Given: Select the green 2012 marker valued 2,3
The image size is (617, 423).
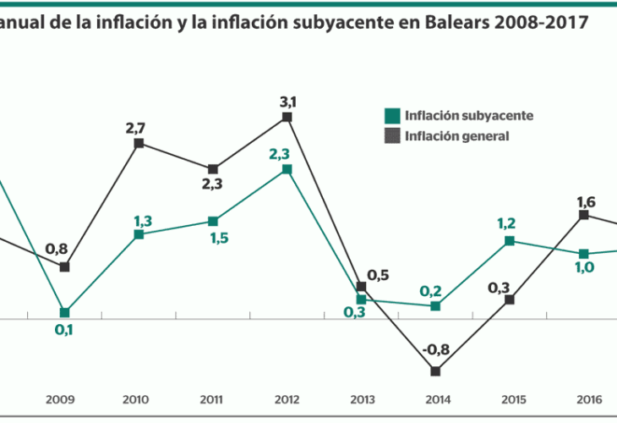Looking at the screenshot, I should (287, 169).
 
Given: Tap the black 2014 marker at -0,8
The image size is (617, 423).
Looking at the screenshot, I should (435, 371).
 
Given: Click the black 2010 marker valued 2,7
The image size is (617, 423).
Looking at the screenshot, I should (139, 143).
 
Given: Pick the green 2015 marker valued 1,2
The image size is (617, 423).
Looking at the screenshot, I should (510, 241).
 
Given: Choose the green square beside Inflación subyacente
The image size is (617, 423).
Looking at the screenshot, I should (392, 116).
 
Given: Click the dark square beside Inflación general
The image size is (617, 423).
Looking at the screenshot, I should (392, 135).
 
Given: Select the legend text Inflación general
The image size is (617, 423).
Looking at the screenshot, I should (456, 135).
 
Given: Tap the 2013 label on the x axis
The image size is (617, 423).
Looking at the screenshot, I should (361, 398).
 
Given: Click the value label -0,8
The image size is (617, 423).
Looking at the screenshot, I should (434, 349).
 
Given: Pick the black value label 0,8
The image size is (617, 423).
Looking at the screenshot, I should (57, 249).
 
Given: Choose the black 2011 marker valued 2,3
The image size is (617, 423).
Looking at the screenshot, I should (213, 169).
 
